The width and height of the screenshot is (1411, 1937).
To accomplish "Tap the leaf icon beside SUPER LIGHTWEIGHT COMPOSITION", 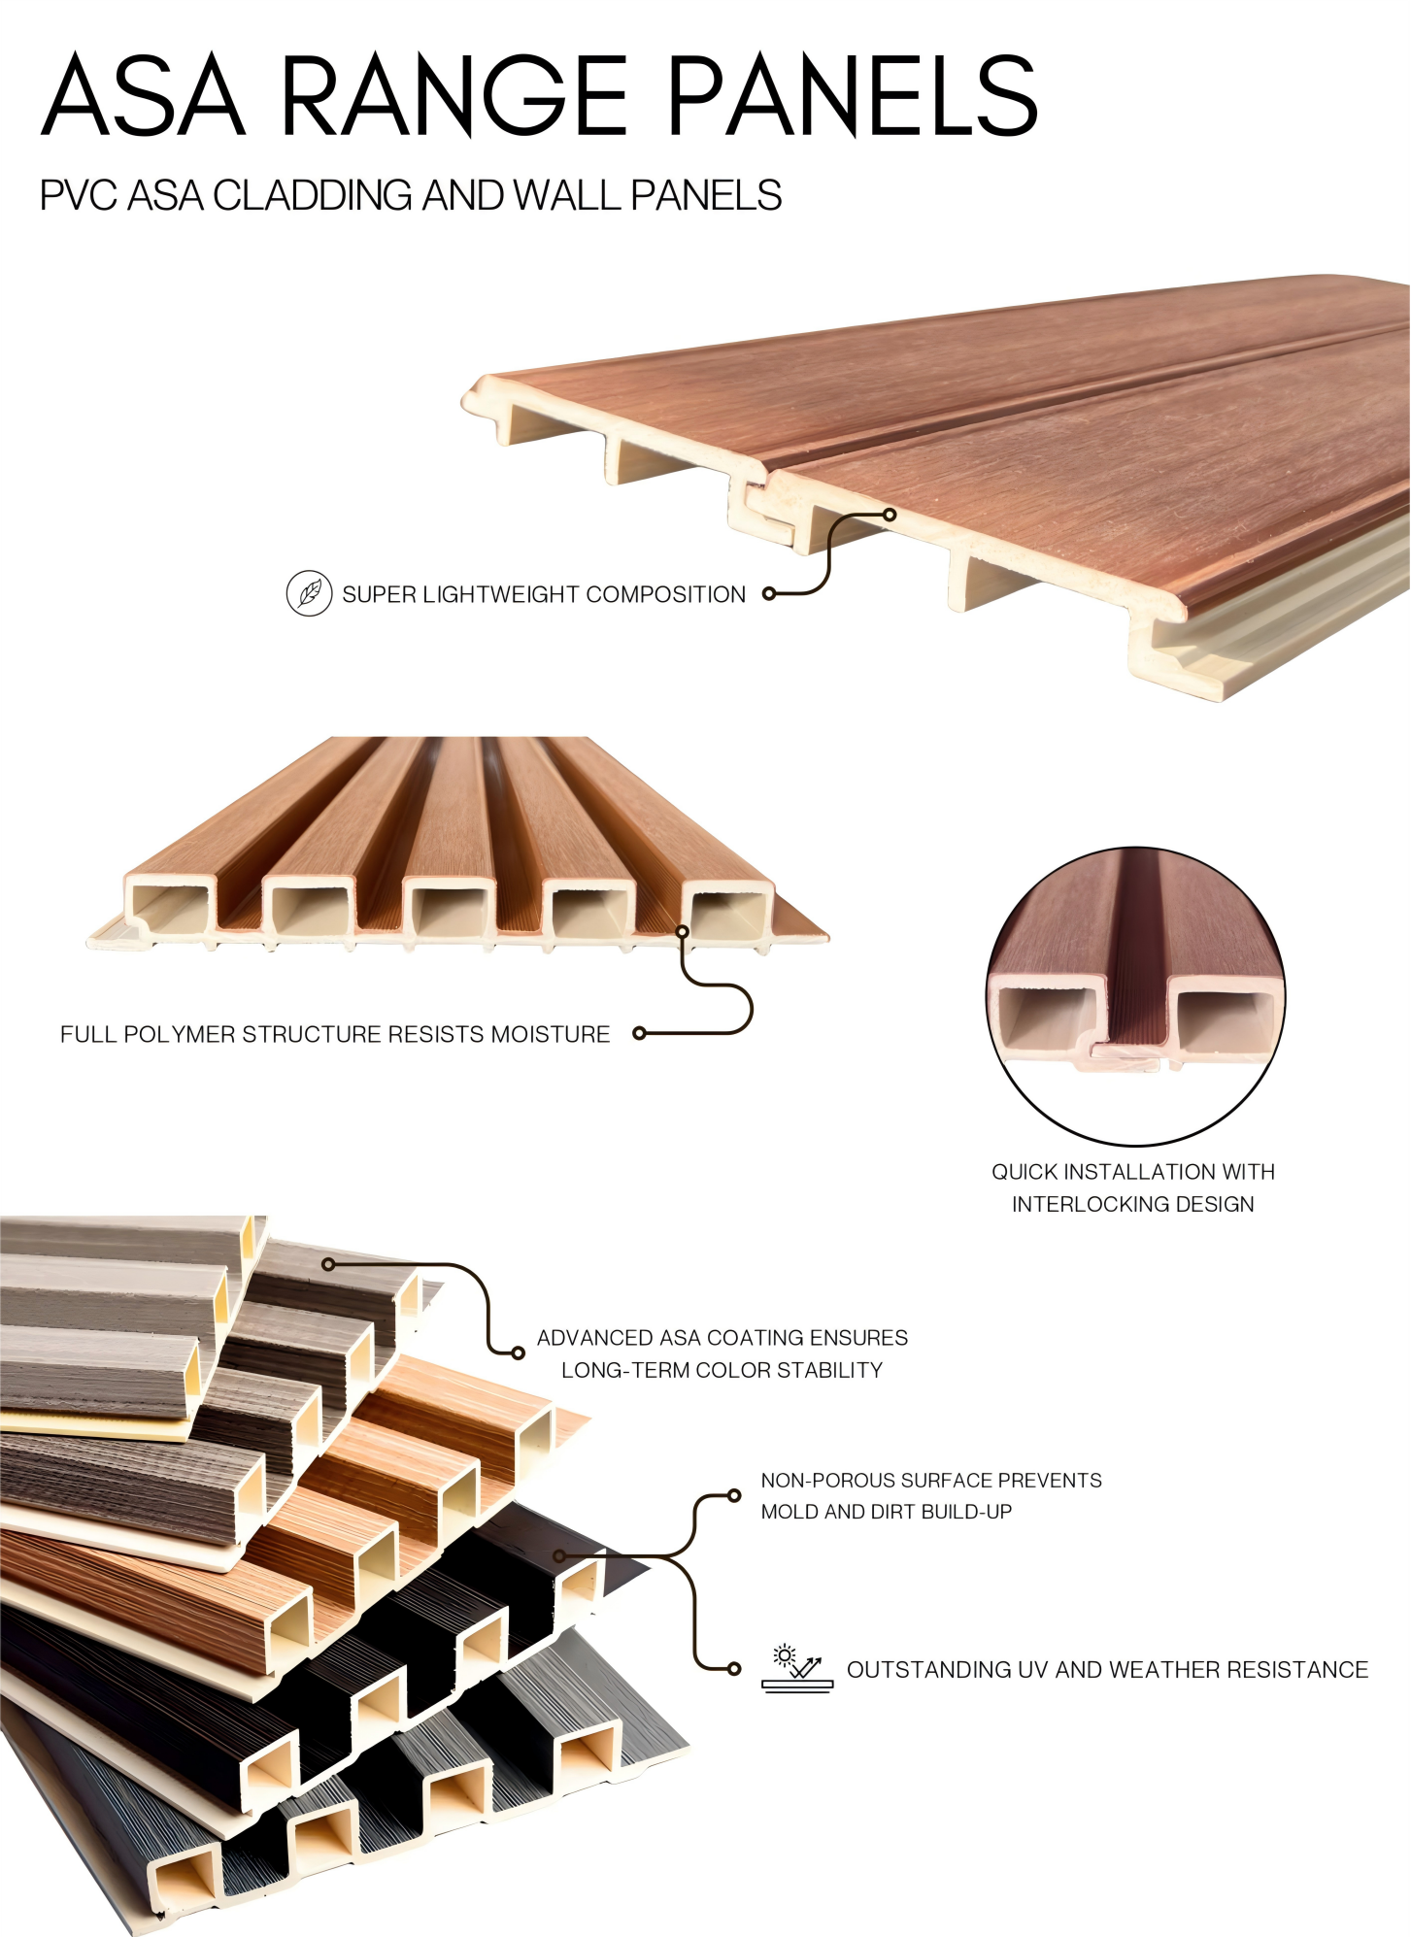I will [309, 593].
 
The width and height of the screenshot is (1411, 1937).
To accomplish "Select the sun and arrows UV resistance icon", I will [797, 1668].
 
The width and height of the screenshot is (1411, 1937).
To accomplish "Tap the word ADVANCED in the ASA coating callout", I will [594, 1338].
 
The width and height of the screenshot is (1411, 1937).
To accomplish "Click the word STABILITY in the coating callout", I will [836, 1370].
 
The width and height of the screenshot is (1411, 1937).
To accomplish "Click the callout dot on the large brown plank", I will [889, 515].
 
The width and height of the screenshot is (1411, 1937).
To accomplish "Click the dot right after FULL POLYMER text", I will [639, 1033].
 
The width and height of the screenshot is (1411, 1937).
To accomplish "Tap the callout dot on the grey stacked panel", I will [328, 1264].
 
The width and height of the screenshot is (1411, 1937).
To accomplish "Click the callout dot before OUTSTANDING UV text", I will [734, 1668].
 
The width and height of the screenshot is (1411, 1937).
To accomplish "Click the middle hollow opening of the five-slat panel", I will [450, 911].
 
